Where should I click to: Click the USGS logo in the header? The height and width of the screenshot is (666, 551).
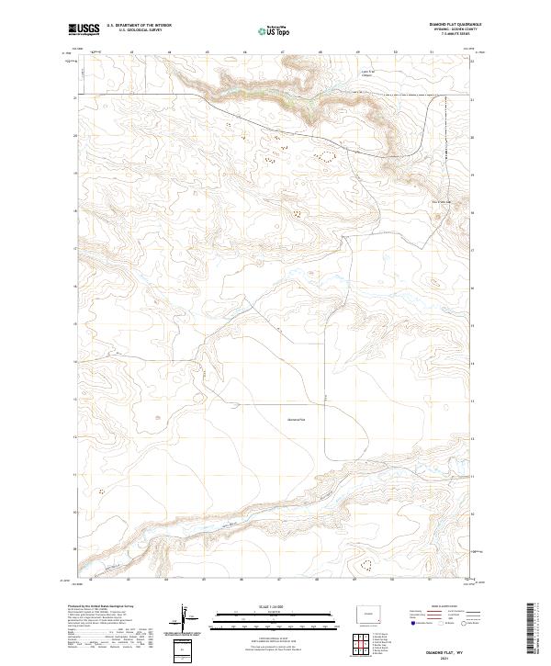(x=84, y=30)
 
